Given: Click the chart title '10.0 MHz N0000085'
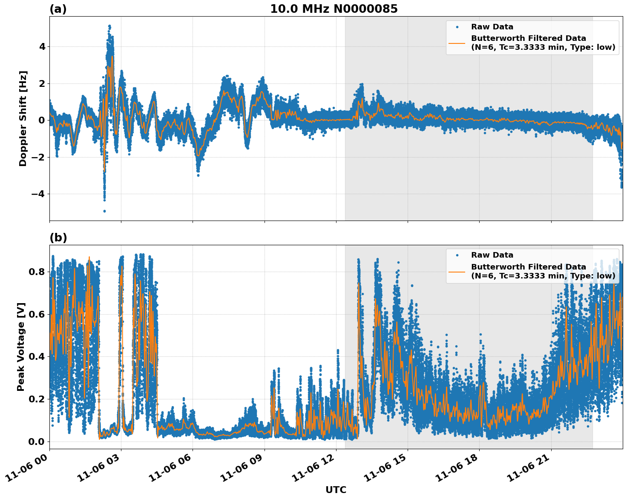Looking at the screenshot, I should [x=334, y=9].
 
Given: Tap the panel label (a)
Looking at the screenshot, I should [x=58, y=9].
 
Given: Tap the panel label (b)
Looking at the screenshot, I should [x=58, y=238].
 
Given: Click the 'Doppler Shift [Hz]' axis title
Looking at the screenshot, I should [x=23, y=118].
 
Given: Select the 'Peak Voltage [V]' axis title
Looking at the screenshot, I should [x=21, y=347].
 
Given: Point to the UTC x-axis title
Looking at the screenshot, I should [x=336, y=490].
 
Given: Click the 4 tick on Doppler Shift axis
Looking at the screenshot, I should [x=42, y=46].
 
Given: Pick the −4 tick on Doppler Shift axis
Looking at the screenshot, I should [x=38, y=194].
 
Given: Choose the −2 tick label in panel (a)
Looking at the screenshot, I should [x=38, y=157].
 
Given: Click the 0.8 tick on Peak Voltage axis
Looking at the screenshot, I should [x=37, y=272].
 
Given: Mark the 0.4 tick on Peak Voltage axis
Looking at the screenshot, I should [x=37, y=356].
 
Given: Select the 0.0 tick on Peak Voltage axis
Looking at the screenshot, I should [x=37, y=442].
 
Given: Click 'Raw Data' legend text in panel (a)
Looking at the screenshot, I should [x=492, y=27].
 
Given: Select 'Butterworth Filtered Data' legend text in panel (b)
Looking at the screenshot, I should [x=528, y=267].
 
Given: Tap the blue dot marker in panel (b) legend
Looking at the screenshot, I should [x=457, y=255].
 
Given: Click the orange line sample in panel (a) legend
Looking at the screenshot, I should [x=457, y=43].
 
